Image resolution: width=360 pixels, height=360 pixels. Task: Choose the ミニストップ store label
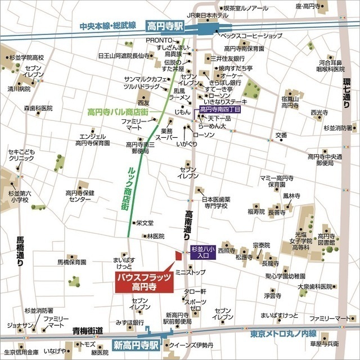coord(191,272)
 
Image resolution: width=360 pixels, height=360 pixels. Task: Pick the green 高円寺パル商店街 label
coord(118,111)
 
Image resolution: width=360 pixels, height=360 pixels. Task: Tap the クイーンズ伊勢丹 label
coord(191,345)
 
